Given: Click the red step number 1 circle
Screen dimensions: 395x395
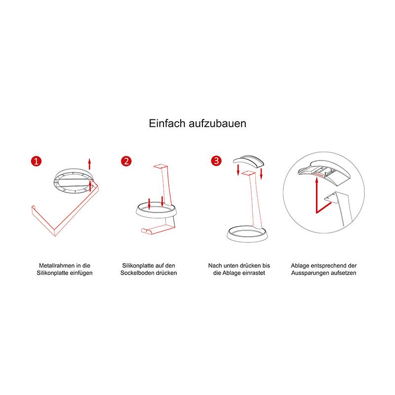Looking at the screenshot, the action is [36, 161].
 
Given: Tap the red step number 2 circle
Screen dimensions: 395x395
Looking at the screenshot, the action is [126, 161].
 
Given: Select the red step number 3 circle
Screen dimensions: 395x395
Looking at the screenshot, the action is [216, 161].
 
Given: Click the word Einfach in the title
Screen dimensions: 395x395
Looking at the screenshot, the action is [167, 123].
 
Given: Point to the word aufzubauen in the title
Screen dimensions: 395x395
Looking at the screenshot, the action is [218, 123].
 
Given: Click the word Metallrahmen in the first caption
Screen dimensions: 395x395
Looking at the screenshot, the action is [57, 266].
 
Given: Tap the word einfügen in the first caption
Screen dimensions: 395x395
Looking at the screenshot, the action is [81, 273].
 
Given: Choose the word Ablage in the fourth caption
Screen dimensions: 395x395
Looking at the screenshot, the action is [300, 266].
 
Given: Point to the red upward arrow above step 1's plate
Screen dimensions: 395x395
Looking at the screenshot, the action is [89, 164].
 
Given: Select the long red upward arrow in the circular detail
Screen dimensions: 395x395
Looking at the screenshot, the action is [316, 195].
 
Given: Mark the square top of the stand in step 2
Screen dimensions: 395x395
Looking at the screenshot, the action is [160, 166].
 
